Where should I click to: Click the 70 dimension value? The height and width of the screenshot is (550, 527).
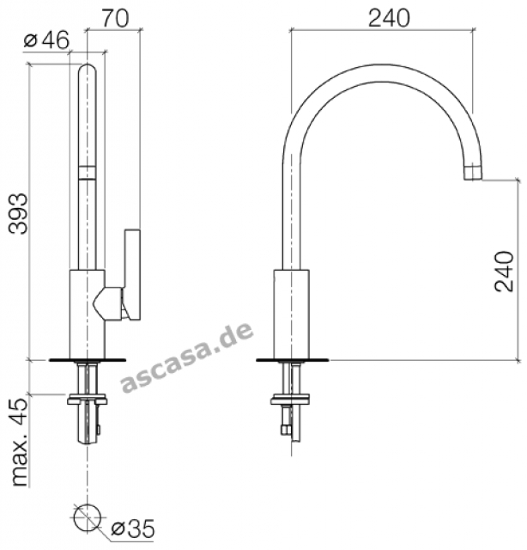point(115,18)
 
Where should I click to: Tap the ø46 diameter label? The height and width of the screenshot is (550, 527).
point(46,40)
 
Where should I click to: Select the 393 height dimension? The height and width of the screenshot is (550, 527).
point(18,214)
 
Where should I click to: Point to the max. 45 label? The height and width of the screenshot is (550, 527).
point(20,442)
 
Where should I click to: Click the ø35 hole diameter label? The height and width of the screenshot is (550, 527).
point(133,529)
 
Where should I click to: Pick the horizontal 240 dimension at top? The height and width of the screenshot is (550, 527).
point(389,18)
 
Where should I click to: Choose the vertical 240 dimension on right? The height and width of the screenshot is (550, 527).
point(504,272)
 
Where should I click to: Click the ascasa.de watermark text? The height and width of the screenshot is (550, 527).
point(187,357)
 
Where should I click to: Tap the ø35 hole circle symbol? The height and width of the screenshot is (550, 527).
point(88,518)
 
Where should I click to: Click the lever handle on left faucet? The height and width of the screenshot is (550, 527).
point(132,274)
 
